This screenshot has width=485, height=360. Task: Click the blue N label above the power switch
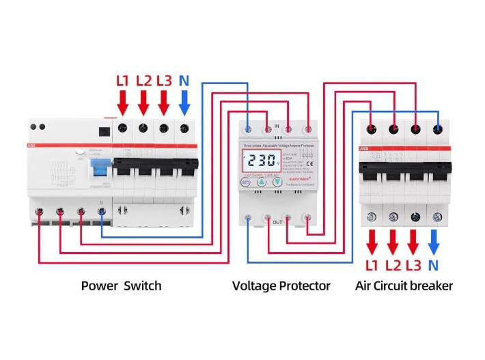pos(184,81)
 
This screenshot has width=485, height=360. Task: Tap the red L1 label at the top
pos(123,81)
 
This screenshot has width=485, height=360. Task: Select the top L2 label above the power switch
pos(143,81)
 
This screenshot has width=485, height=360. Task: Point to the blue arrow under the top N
pos(184,103)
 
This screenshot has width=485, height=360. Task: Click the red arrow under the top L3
pos(163,103)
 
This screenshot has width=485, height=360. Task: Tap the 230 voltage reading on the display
pos(260,162)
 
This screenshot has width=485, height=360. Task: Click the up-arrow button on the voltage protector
pos(261,183)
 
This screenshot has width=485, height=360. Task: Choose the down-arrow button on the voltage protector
pos(277,183)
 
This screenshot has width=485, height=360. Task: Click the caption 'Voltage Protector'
pos(281,286)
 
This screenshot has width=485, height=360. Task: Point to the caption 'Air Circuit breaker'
pos(404,286)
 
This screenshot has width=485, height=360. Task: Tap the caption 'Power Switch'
pos(122,286)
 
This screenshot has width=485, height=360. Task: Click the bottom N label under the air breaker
pos(433,264)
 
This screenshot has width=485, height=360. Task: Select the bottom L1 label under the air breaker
pos(372,264)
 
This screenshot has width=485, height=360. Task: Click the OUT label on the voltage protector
pos(277,222)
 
